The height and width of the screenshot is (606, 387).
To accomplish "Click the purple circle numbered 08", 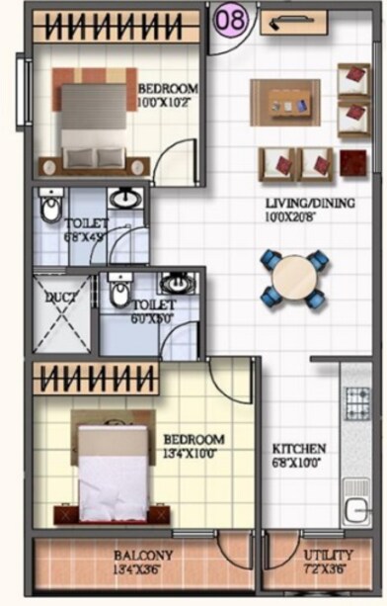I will (231, 20).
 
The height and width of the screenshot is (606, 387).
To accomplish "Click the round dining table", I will (292, 279).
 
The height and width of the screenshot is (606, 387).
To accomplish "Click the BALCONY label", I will (143, 556).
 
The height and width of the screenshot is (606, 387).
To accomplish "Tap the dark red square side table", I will (353, 162).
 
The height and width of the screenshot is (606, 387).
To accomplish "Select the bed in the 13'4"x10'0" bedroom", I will (112, 470).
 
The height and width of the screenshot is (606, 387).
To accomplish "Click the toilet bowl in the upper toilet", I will (50, 209).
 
